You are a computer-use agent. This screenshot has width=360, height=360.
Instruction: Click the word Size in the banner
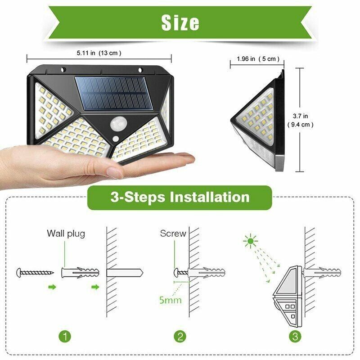click(x=180, y=22)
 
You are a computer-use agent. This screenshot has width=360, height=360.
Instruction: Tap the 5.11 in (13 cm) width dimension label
click(x=99, y=53)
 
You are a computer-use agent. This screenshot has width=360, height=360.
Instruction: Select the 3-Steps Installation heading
click(x=180, y=197)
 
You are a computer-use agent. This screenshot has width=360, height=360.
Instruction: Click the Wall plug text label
click(x=66, y=234)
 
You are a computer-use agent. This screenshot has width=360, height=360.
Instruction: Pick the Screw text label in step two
click(x=173, y=234)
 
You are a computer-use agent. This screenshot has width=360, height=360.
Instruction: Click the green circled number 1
click(x=66, y=336)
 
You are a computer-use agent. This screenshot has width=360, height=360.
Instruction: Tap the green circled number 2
click(x=180, y=336)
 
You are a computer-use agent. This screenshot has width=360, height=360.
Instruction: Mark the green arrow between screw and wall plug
click(x=53, y=287)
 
